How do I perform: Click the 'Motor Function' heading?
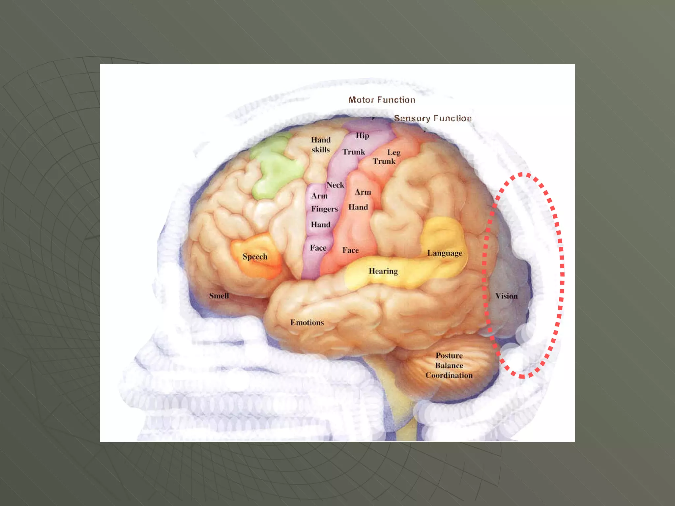coord(382,100)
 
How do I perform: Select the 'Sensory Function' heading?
coord(433,118)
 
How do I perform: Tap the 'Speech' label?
coord(255,257)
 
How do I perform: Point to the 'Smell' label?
coord(219,296)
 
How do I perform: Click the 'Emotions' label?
coord(307,323)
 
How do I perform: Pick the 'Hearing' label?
coord(383,271)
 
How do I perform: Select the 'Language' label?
coord(445,253)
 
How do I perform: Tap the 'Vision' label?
coord(506,296)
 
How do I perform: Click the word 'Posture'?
coord(449,356)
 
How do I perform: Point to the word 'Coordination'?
coord(449,375)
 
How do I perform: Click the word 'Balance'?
coord(449,365)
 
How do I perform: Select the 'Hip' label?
coord(362,136)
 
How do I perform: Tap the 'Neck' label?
coord(335,185)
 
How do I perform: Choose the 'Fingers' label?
coord(325,209)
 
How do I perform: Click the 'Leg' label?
coord(394,152)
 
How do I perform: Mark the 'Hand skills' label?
coord(321,145)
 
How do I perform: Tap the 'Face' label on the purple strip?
coord(318,248)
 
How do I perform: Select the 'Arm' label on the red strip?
coord(363,192)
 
